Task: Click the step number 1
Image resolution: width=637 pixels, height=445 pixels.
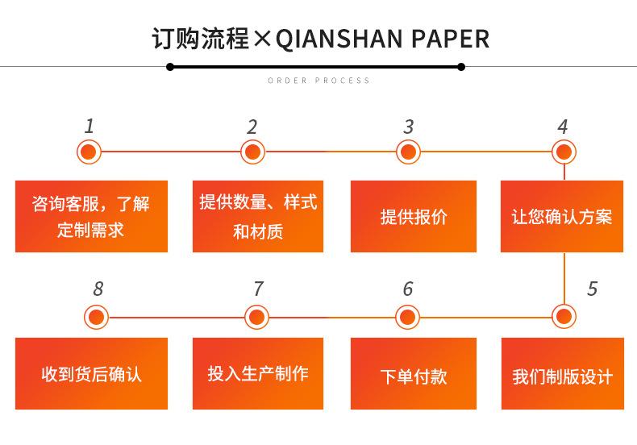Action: pos(90,126)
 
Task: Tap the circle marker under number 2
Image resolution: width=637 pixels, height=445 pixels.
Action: pos(252,152)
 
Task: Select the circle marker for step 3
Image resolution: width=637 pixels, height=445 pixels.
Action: pos(409,152)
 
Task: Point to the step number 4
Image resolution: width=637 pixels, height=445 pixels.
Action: pos(563,127)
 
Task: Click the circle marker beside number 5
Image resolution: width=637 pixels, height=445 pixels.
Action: pos(564,314)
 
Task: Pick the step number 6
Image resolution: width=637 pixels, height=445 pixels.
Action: pos(408,289)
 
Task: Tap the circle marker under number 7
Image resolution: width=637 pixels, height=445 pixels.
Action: pos(257,317)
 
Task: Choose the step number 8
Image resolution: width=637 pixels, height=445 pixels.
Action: pos(98,289)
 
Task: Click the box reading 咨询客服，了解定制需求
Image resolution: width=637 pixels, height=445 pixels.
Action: pos(91,216)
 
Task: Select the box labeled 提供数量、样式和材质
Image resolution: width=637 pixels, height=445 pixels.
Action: pos(257,216)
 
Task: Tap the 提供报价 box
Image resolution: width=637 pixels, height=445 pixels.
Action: pos(413,216)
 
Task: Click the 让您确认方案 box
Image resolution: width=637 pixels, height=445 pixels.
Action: pos(562,216)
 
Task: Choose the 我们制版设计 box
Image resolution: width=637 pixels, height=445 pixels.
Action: pos(562,376)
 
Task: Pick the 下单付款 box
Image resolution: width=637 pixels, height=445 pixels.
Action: pos(413,376)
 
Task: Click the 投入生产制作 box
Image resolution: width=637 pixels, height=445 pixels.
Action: pos(257,376)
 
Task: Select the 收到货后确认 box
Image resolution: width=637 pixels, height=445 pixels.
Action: pos(91,376)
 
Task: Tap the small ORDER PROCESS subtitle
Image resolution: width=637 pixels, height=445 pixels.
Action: pos(318,81)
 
